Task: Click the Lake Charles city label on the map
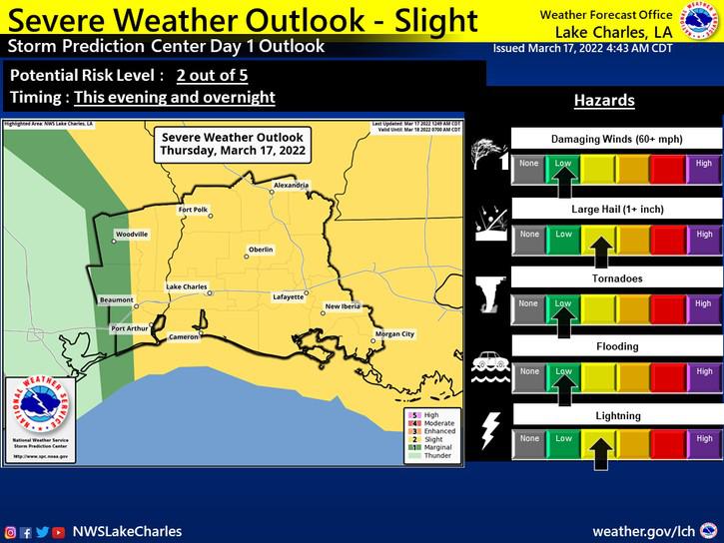pyautogui.click(x=186, y=286)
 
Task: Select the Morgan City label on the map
pyautogui.click(x=393, y=333)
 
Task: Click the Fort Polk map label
pyautogui.click(x=192, y=210)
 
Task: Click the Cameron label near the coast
pyautogui.click(x=186, y=336)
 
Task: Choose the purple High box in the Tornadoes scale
pyautogui.click(x=704, y=303)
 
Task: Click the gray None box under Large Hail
pyautogui.click(x=529, y=236)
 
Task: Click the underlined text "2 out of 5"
pyautogui.click(x=215, y=75)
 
